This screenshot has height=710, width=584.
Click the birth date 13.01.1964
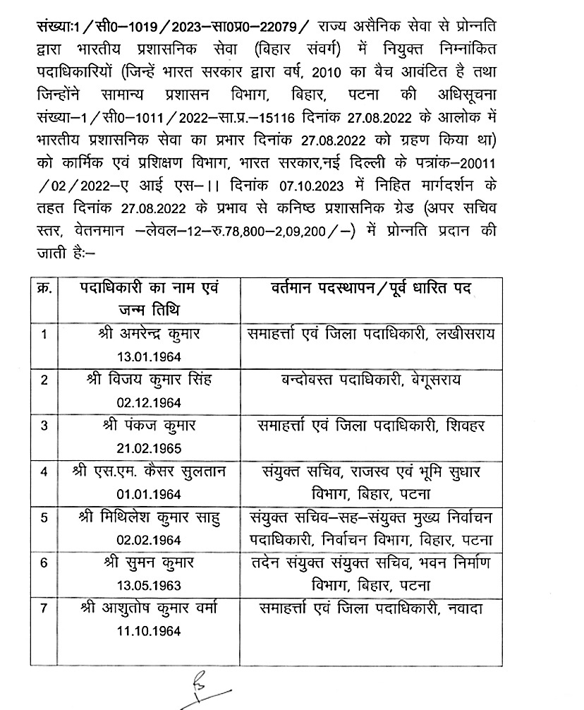[150, 355]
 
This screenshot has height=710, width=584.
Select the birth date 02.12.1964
[150, 402]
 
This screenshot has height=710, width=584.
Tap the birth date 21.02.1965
[150, 448]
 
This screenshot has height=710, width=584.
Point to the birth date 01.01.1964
[150, 494]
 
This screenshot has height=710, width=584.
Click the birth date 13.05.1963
[150, 586]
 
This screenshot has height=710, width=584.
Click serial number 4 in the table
[44, 472]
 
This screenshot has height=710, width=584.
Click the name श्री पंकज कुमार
[150, 426]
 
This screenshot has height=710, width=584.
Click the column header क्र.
[44, 289]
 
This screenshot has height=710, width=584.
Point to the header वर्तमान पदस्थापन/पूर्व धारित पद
[371, 289]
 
